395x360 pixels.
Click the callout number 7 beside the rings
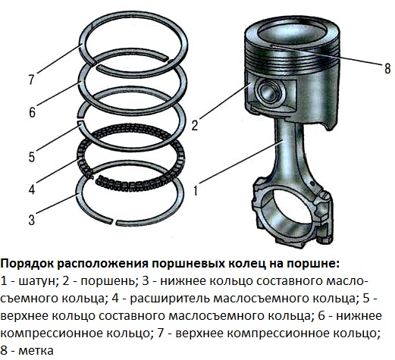pyautogui.click(x=31, y=80)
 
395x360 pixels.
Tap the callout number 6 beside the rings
pyautogui.click(x=32, y=112)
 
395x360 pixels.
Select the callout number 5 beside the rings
pyautogui.click(x=32, y=157)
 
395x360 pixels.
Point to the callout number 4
pyautogui.click(x=32, y=189)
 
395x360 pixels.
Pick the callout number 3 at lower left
pyautogui.click(x=32, y=220)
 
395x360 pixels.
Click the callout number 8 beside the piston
pyautogui.click(x=387, y=68)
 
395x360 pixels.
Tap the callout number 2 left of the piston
pyautogui.click(x=195, y=125)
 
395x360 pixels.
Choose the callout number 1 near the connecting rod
pyautogui.click(x=196, y=189)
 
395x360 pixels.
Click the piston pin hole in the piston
pyautogui.click(x=270, y=92)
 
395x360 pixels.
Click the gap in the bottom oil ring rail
pyautogui.click(x=114, y=222)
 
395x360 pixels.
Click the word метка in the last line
pyautogui.click(x=36, y=351)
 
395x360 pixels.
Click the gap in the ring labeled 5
pyautogui.click(x=80, y=119)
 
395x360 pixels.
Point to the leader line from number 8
pyautogui.click(x=326, y=55)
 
